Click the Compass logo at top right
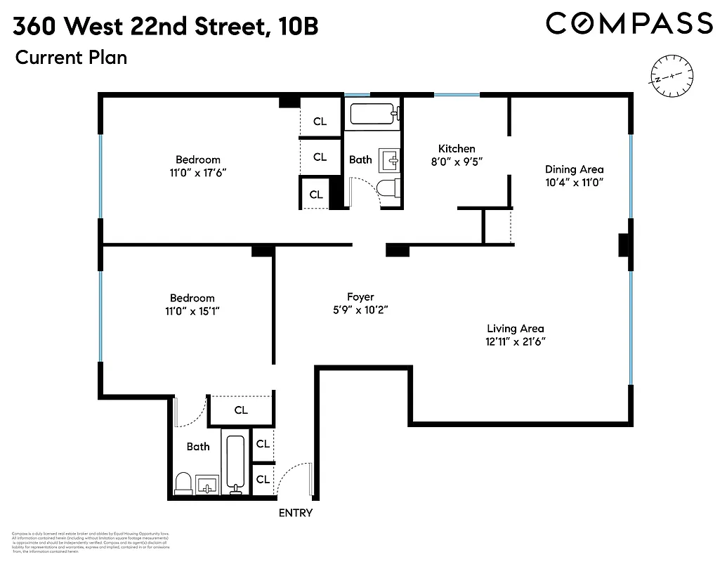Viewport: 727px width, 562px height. [x=629, y=23]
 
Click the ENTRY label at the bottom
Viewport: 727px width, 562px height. [x=295, y=513]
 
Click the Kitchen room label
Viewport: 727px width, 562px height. [x=457, y=148]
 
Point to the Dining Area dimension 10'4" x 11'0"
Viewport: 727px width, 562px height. [x=574, y=182]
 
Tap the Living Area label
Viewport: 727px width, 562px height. [x=516, y=328]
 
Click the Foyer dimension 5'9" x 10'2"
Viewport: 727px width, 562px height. [x=360, y=310]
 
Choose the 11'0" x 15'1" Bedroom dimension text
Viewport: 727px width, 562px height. [x=192, y=311]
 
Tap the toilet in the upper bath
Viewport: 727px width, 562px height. [x=387, y=188]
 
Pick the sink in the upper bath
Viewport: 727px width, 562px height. [x=389, y=161]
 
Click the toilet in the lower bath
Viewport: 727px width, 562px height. [x=183, y=483]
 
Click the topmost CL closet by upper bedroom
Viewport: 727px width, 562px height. [x=320, y=121]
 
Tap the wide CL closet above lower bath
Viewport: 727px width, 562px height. [x=241, y=410]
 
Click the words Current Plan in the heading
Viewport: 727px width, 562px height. [x=71, y=58]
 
